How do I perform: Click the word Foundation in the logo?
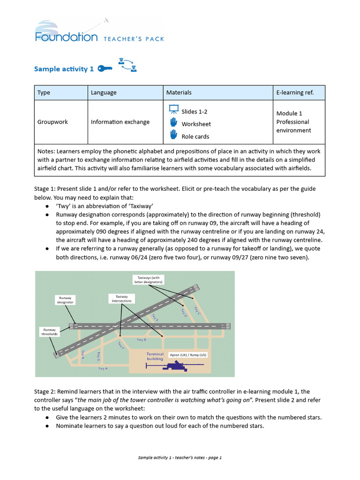[66, 37]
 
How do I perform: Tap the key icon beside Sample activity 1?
[105, 69]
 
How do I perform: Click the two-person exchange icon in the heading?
[127, 65]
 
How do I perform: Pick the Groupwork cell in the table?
[52, 122]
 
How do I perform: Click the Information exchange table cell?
[120, 122]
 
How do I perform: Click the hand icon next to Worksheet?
[173, 123]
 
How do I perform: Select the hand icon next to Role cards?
[173, 135]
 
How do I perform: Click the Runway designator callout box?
[65, 300]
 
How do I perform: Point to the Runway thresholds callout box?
[49, 332]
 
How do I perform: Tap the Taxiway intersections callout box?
[121, 298]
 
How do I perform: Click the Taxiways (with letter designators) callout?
[149, 280]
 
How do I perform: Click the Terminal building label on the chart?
[155, 356]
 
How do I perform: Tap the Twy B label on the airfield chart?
[141, 339]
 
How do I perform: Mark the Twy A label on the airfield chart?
[103, 369]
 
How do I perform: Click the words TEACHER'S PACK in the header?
[134, 39]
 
